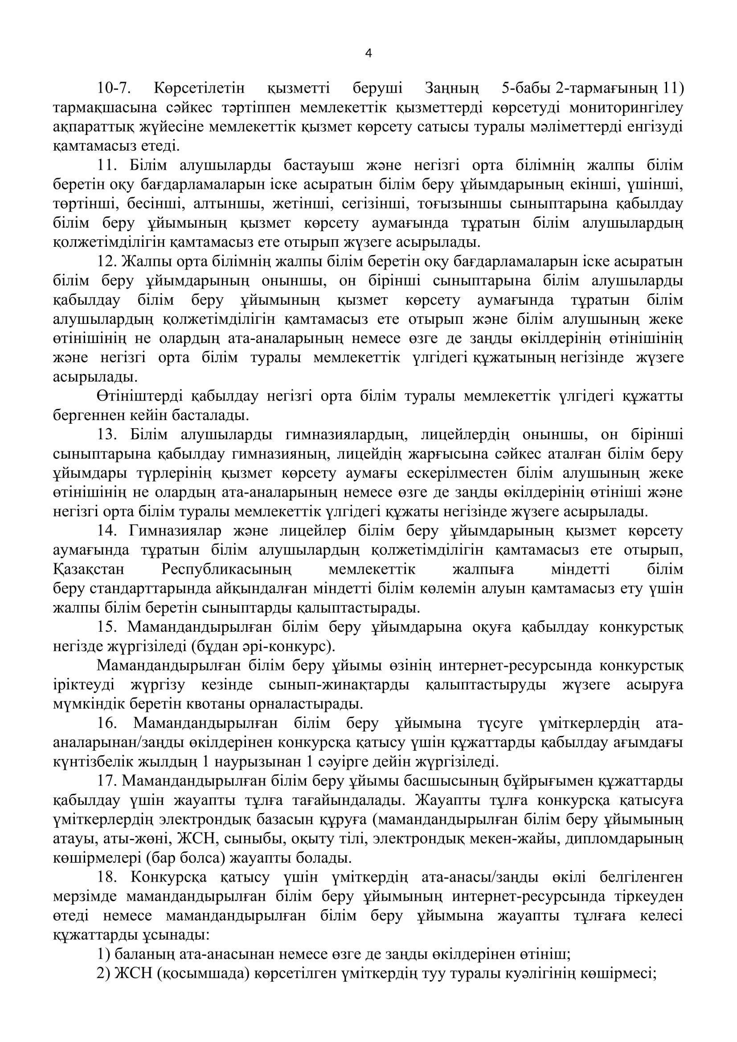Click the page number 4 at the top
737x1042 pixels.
(368, 54)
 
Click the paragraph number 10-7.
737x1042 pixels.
(114, 88)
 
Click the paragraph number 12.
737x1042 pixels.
(107, 262)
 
